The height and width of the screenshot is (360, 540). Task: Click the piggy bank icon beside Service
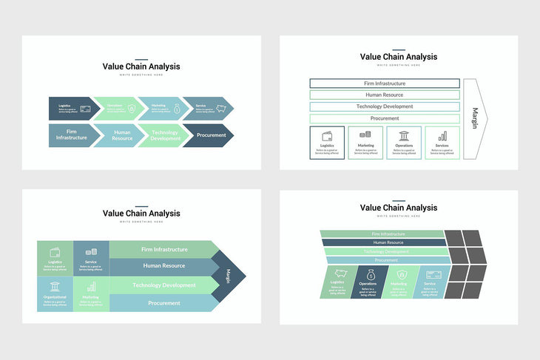(x=220, y=109)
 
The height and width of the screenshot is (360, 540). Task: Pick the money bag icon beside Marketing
(x=177, y=109)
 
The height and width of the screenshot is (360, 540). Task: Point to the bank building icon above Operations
(x=404, y=136)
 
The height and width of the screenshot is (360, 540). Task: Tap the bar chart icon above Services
(x=442, y=136)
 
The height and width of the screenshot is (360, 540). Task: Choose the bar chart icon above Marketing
(x=91, y=287)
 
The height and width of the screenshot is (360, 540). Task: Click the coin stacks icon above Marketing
(x=365, y=135)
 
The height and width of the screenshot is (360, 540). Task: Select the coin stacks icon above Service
(x=91, y=252)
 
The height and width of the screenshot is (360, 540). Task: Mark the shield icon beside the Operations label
(x=132, y=109)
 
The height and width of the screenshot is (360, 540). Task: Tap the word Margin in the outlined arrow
(x=476, y=118)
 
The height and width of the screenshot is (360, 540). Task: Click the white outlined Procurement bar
(x=385, y=118)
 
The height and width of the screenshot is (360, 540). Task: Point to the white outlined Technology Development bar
(x=385, y=106)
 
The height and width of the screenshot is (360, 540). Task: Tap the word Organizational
(x=55, y=297)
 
